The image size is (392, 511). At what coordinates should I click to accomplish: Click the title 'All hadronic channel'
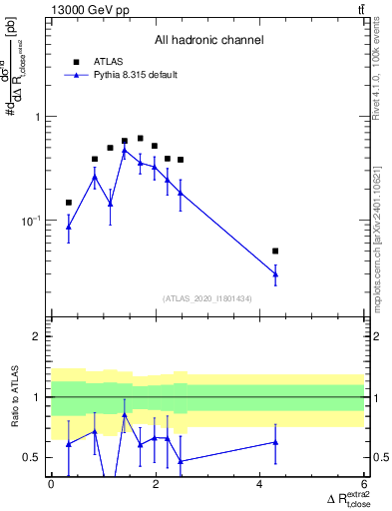click(x=208, y=41)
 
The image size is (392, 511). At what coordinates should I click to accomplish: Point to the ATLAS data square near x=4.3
click(x=275, y=251)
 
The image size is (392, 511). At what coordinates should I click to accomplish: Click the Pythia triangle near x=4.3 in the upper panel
click(x=275, y=273)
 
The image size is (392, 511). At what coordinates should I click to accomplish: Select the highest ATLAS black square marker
click(x=140, y=138)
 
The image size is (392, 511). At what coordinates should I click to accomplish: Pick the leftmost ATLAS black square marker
click(x=68, y=203)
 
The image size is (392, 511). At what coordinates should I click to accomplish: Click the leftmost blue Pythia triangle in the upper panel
click(x=68, y=227)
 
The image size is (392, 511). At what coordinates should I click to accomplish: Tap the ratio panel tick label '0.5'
click(x=33, y=457)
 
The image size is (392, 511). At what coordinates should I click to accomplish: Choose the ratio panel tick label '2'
click(x=37, y=336)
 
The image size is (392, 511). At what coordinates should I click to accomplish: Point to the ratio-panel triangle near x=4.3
click(x=275, y=442)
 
